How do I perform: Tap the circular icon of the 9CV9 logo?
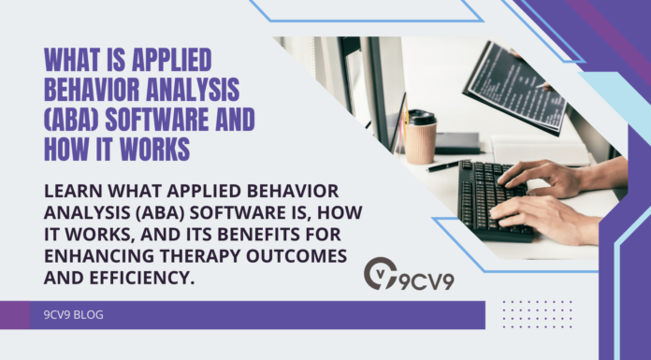380,274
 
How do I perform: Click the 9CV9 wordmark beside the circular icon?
426,279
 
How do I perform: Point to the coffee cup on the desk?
421,137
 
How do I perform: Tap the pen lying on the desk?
443,166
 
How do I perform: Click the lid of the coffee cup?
422,117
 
